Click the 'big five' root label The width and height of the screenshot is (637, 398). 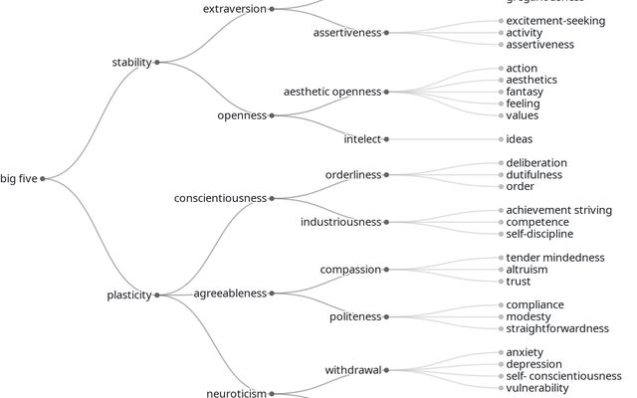[19, 179]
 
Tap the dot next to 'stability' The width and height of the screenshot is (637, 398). [157, 63]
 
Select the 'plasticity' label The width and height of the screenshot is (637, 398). [129, 296]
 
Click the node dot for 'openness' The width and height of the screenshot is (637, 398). [272, 115]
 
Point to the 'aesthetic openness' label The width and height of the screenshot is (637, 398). [332, 93]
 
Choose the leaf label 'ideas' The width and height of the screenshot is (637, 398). [520, 139]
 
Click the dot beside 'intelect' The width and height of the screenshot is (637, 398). [386, 139]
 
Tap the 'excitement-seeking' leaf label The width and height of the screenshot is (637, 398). [555, 21]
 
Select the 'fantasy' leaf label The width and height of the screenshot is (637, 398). [525, 92]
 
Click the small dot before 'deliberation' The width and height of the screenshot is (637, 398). [501, 163]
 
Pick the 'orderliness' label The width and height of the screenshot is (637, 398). [353, 175]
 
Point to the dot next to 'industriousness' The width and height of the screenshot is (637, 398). [386, 222]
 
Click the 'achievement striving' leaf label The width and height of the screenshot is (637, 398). [559, 210]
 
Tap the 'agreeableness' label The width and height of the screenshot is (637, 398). [230, 294]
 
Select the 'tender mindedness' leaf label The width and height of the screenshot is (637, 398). [555, 258]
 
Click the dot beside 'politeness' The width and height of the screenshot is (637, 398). [386, 316]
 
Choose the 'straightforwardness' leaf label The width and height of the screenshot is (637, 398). [557, 328]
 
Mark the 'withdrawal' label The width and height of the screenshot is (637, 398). [353, 370]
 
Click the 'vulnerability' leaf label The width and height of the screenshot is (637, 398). [537, 388]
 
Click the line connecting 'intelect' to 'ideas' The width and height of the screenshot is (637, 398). [444, 139]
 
